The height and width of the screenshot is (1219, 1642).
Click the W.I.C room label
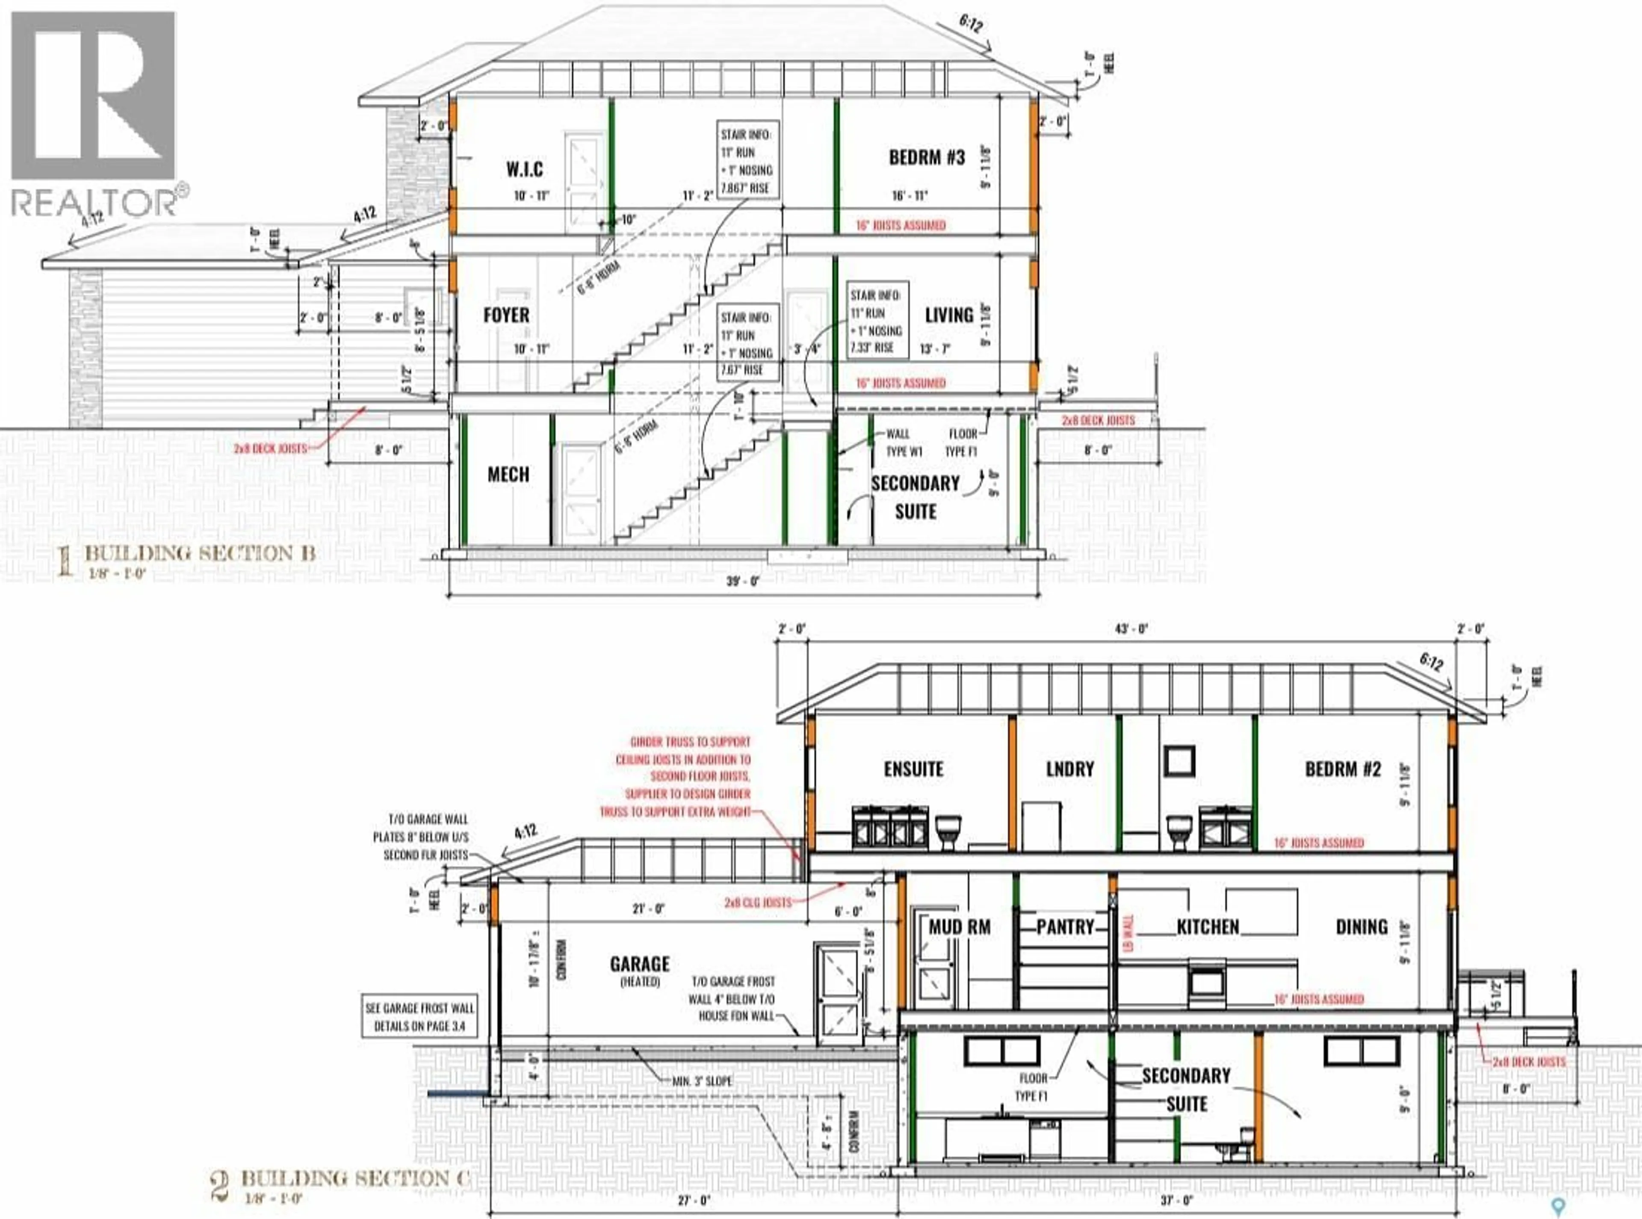[525, 170]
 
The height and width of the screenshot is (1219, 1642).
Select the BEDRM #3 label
[927, 157]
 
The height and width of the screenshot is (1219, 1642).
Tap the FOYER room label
[506, 315]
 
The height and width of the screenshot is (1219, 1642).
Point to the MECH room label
[508, 475]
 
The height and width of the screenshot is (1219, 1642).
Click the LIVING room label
[949, 315]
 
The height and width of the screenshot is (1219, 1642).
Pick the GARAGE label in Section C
[640, 964]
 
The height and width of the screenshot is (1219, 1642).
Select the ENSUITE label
[914, 769]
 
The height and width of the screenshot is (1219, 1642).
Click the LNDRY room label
[1069, 769]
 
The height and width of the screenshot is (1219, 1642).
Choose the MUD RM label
[960, 927]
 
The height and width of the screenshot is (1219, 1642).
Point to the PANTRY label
[1065, 927]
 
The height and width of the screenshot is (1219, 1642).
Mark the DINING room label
[1361, 927]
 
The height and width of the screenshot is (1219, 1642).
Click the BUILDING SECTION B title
[199, 553]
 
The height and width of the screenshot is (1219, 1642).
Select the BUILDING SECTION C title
[354, 1178]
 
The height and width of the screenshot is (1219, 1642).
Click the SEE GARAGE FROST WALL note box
[419, 1017]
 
